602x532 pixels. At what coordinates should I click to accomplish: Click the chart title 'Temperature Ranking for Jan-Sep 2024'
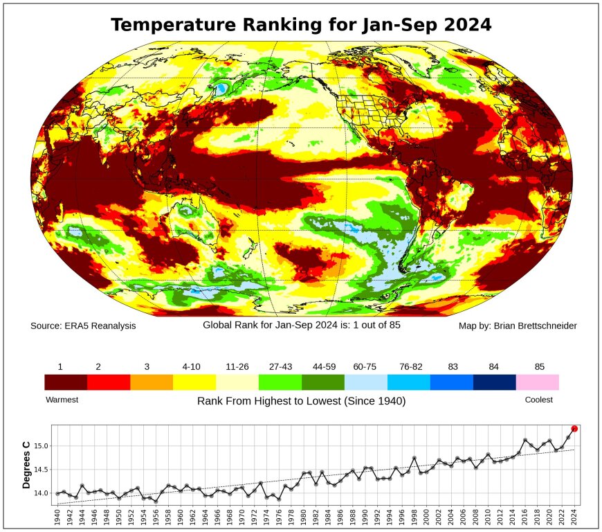301,25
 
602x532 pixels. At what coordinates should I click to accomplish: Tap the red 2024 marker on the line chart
574,429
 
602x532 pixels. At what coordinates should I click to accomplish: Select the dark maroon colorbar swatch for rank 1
66,382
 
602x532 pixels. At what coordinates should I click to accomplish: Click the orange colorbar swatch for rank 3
152,382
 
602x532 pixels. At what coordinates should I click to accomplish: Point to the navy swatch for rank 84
495,382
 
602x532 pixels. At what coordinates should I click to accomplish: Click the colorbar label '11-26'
237,366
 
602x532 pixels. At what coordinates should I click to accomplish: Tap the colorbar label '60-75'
366,366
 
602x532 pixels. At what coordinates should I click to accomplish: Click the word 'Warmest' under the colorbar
62,400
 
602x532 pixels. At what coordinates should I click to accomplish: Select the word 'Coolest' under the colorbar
539,400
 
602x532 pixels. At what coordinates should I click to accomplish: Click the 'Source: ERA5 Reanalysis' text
83,326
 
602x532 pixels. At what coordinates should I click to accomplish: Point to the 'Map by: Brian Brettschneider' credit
518,326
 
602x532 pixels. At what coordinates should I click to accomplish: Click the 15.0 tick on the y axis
41,446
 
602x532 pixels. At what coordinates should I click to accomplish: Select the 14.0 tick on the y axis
41,493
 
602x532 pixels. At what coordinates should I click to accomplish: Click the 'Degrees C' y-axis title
27,465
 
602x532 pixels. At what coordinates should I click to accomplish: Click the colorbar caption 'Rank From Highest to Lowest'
301,401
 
